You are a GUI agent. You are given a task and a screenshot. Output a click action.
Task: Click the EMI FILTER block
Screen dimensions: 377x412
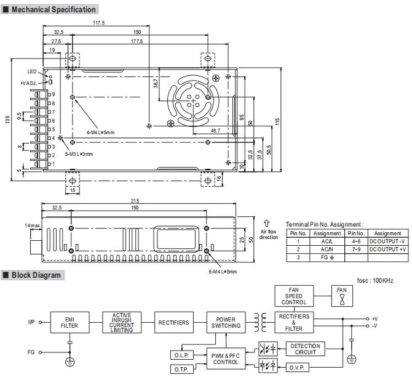point(69,322)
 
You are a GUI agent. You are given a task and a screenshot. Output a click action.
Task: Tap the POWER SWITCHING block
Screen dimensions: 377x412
point(225,322)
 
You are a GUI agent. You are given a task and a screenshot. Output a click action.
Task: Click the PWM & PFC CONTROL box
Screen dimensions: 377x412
point(225,359)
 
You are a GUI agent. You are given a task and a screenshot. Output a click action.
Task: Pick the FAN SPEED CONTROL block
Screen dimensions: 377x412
point(294,295)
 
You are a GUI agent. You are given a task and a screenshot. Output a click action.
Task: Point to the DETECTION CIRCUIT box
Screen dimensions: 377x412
point(306,349)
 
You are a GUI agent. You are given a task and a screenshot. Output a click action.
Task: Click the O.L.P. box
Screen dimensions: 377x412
point(181,354)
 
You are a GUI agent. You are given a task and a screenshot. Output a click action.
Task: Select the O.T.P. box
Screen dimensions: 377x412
point(181,368)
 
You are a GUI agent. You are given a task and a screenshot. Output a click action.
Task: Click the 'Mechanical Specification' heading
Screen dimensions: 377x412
point(54,9)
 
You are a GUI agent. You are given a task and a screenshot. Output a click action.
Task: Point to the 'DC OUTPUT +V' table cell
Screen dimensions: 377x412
point(388,249)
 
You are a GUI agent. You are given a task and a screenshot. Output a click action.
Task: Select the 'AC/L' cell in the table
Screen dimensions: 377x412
point(327,241)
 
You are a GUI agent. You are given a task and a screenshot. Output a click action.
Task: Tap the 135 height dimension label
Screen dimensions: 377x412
point(7,119)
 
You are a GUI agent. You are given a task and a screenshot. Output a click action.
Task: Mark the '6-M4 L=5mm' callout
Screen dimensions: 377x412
point(222,271)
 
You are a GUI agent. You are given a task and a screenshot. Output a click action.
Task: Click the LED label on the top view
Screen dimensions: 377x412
point(33,71)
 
